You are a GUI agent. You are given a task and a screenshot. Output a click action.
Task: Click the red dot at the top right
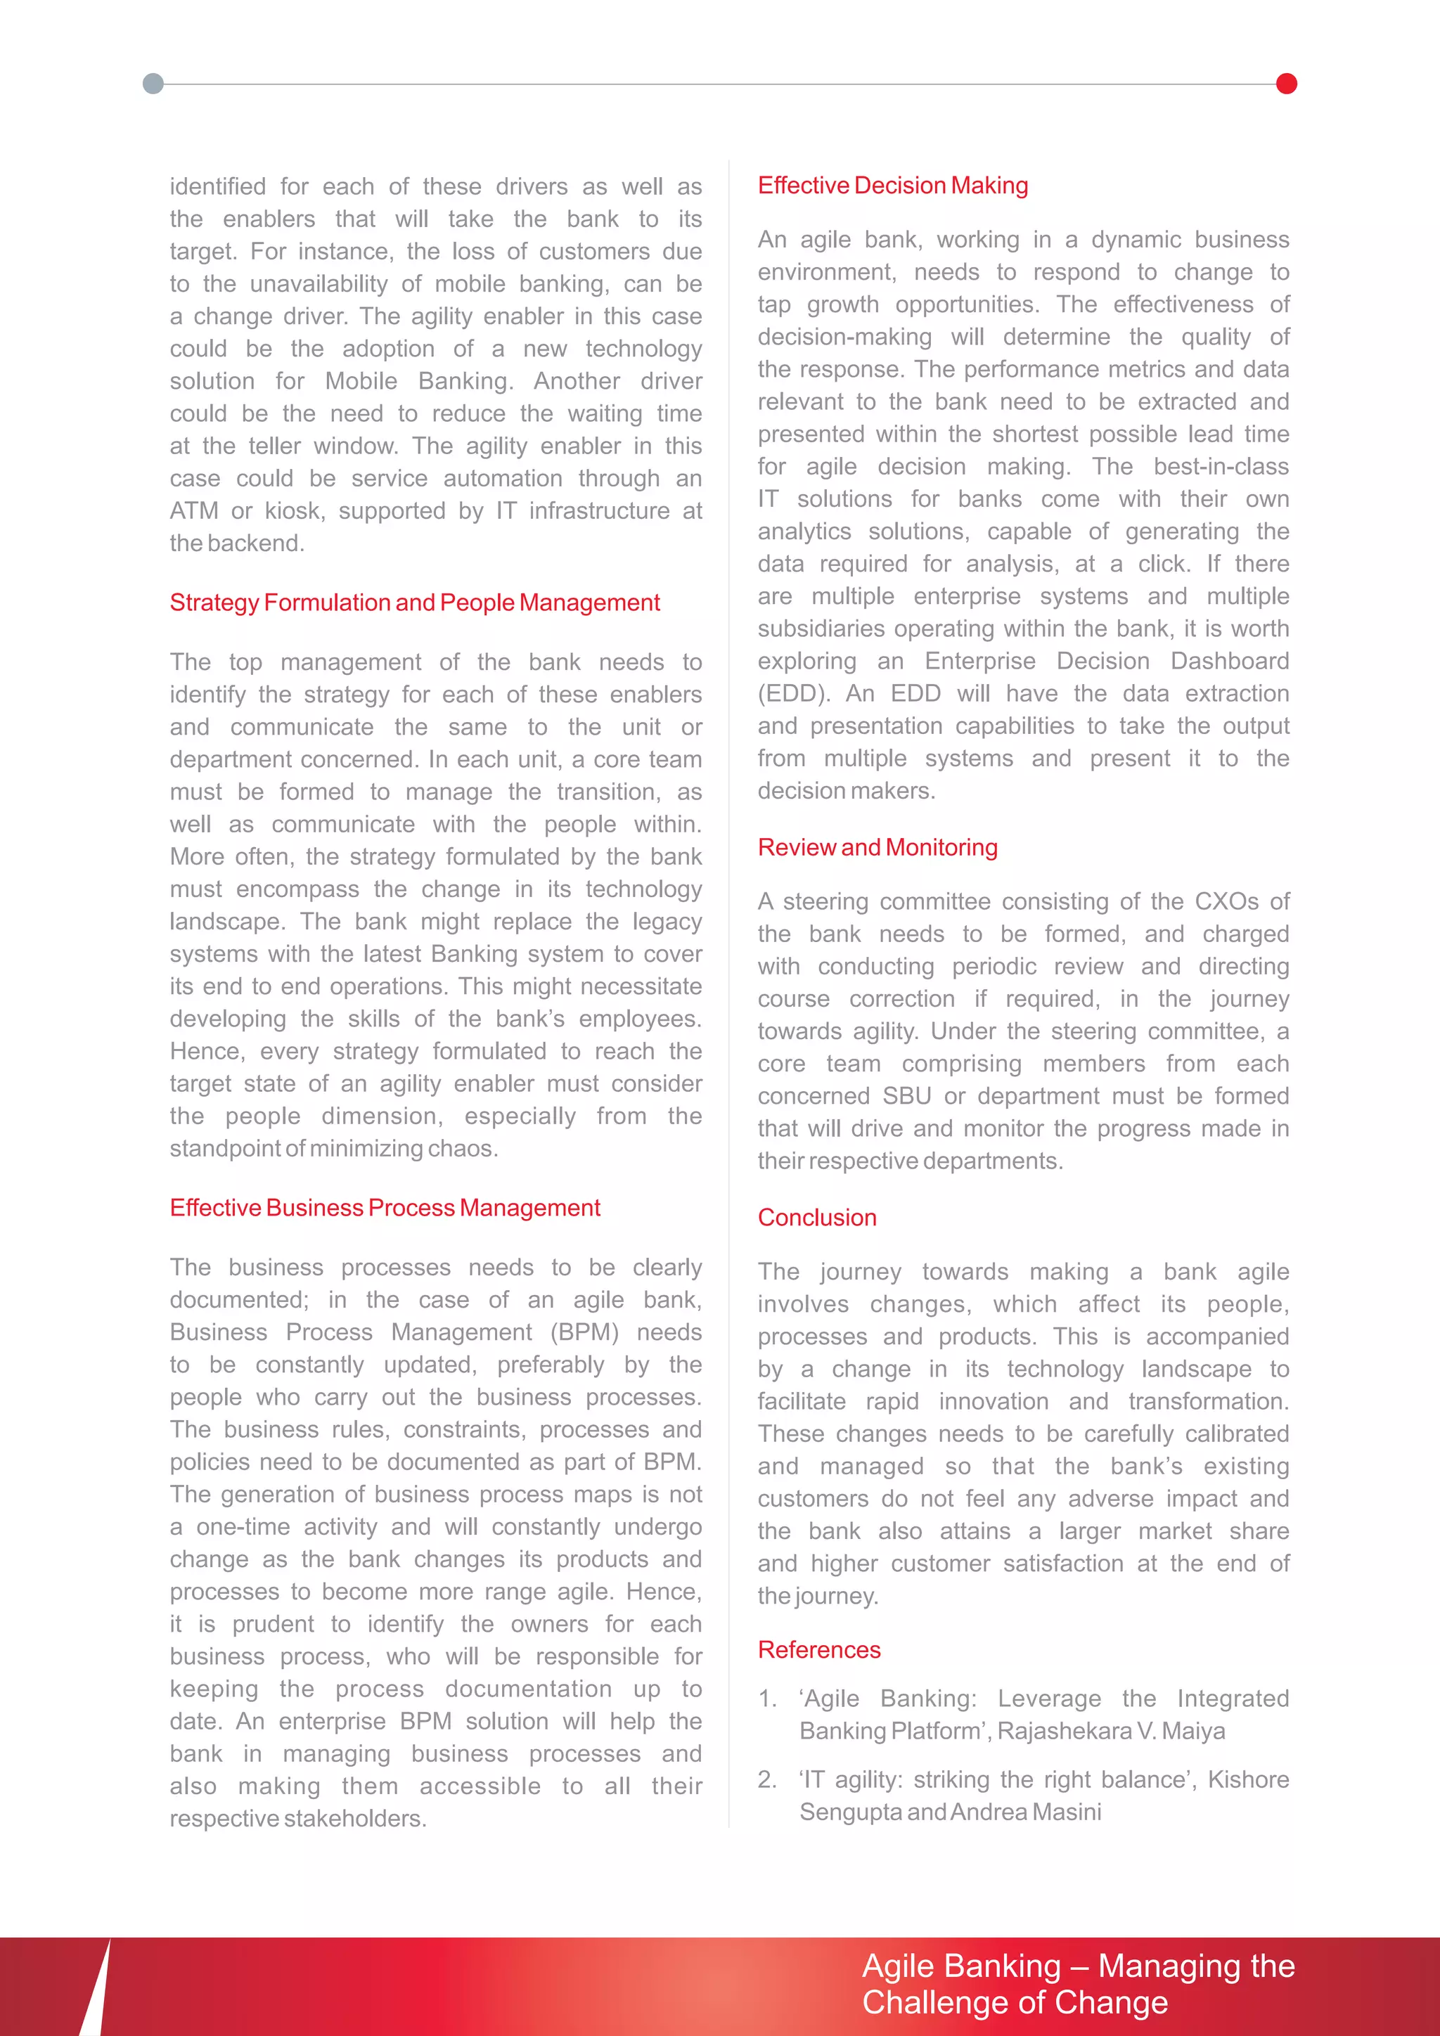pyautogui.click(x=1286, y=84)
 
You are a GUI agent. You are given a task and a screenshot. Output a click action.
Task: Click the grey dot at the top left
pyautogui.click(x=153, y=84)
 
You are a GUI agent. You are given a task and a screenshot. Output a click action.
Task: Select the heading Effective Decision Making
pyautogui.click(x=892, y=186)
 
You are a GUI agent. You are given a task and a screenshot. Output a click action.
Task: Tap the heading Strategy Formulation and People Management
pyautogui.click(x=414, y=603)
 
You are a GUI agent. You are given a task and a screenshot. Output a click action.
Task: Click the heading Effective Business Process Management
pyautogui.click(x=385, y=1208)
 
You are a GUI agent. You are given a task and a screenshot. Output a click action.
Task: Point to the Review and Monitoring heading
pyautogui.click(x=877, y=848)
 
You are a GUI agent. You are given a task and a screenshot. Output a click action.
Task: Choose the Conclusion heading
pyautogui.click(x=816, y=1218)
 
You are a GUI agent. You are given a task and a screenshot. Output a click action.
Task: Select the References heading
pyautogui.click(x=818, y=1649)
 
